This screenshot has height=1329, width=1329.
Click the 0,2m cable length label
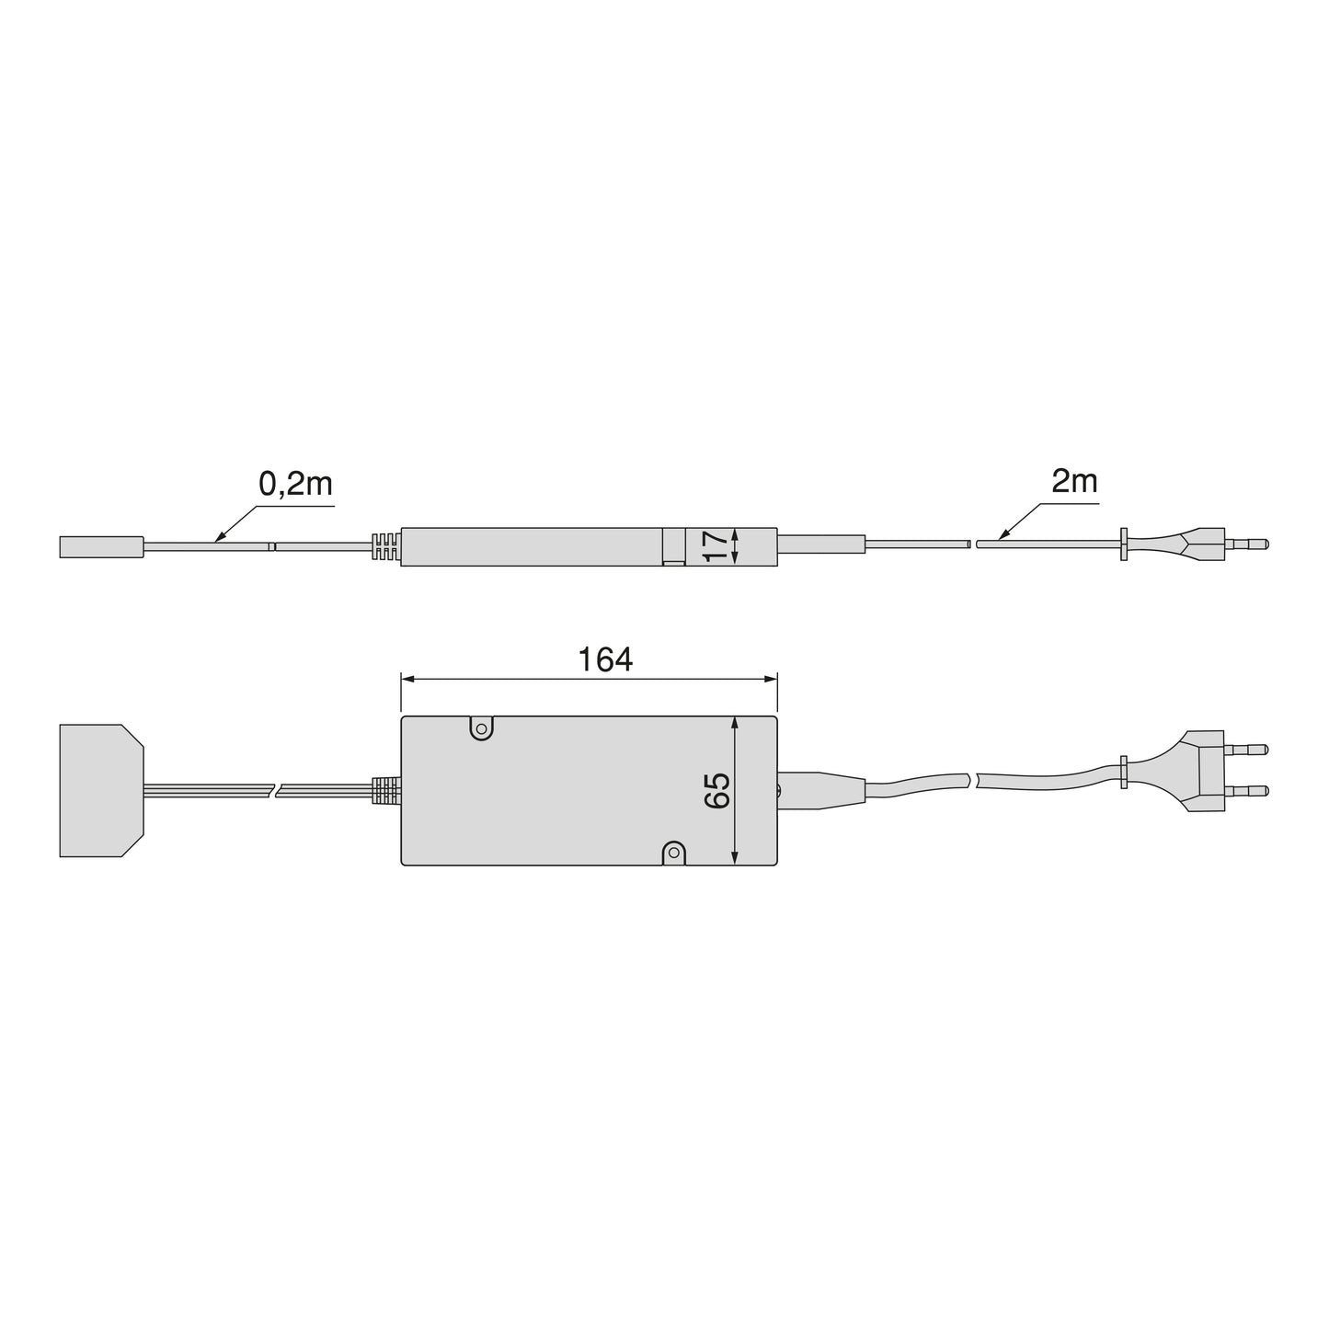tap(295, 485)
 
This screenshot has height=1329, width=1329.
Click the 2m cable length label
tap(1074, 481)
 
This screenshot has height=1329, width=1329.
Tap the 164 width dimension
tap(605, 659)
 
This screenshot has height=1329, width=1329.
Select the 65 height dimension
tap(717, 790)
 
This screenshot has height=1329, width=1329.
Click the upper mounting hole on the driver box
tap(481, 729)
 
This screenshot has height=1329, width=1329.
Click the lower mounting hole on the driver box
tap(674, 854)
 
